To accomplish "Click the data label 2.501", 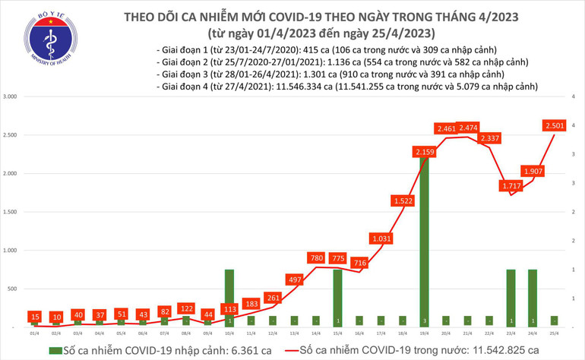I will tap(553, 125).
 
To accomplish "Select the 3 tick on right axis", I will tap(576, 154).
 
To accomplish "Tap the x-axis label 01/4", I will tap(35, 333).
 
